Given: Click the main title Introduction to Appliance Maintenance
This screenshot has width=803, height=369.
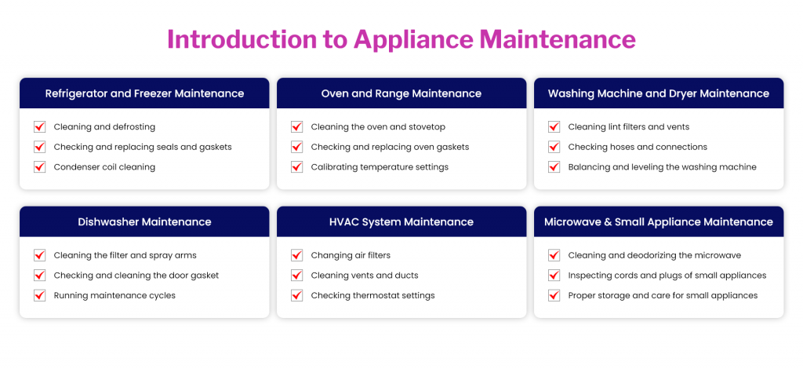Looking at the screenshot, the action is [401, 39].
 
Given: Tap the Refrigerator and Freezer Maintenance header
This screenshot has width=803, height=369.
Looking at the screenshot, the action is [144, 93].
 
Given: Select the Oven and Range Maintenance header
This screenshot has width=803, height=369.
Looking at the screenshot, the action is [401, 93].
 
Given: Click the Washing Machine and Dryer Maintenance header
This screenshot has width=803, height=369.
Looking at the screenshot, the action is [659, 93].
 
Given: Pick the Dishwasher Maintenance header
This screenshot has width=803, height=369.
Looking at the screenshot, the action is [144, 222].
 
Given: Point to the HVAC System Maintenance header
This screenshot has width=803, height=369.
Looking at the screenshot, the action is [401, 222].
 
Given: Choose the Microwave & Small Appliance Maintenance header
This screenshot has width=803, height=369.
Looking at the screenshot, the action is [659, 222].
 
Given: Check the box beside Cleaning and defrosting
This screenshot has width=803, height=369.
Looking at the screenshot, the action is [40, 126].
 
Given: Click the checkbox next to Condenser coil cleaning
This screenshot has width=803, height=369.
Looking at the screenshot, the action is [40, 167].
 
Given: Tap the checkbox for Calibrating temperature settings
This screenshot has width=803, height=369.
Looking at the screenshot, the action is [297, 167].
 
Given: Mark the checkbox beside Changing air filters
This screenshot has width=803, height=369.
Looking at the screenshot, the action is [297, 255].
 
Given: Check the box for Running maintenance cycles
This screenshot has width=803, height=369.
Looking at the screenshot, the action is [40, 296].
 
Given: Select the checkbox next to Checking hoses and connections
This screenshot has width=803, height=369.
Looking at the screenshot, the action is [554, 147].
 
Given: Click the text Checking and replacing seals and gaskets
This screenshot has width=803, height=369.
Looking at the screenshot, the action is [143, 147].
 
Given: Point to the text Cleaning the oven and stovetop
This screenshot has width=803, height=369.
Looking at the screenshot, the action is [379, 127].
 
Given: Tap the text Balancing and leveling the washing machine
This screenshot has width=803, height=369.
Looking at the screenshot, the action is [662, 167].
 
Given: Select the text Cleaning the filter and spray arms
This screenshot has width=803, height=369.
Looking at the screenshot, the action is [125, 255].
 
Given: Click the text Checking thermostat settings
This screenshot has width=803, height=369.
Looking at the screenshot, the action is [372, 296].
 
